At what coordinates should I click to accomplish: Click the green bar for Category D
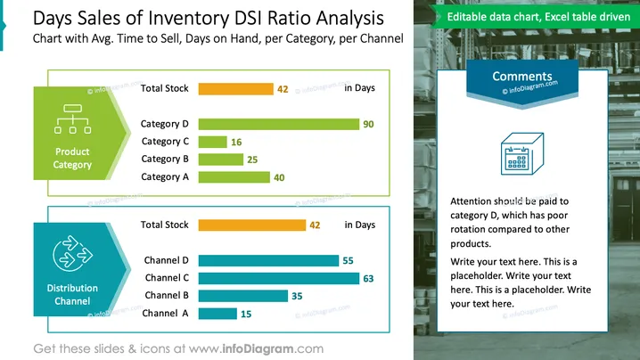[279, 124]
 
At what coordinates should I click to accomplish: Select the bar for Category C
[213, 142]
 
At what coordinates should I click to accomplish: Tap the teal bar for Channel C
[279, 278]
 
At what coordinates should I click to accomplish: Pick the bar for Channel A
[217, 314]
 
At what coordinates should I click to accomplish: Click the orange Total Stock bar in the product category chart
[236, 89]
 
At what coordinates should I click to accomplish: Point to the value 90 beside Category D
[368, 125]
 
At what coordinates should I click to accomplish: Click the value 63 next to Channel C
[368, 279]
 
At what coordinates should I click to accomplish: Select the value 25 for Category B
[252, 160]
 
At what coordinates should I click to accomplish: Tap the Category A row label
[165, 176]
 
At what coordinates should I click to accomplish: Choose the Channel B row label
[167, 295]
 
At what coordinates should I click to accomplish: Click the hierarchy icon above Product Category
[73, 119]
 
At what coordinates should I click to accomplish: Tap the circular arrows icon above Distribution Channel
[73, 253]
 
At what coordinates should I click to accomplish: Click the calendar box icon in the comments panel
[522, 154]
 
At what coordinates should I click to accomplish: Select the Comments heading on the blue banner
[522, 77]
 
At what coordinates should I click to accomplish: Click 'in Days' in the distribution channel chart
[359, 225]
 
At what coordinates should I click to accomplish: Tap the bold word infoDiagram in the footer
[258, 349]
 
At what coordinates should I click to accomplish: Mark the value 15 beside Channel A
[246, 315]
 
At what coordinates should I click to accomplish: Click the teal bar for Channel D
[268, 260]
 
